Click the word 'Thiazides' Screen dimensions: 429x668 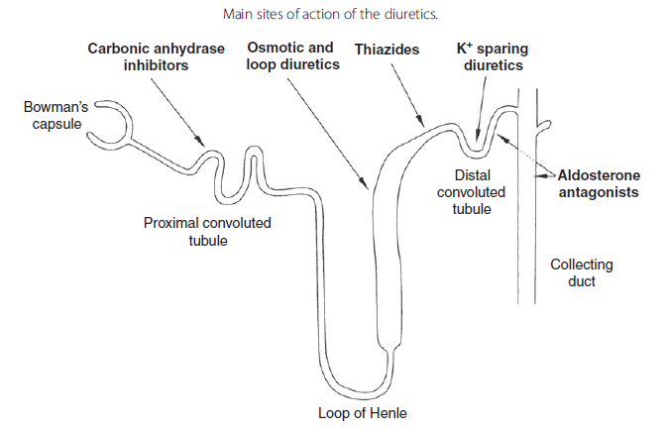coord(388,49)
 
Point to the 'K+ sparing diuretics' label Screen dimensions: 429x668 coord(490,56)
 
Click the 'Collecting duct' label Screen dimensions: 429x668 coord(582,272)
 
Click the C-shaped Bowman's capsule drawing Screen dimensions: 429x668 coord(112,121)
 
